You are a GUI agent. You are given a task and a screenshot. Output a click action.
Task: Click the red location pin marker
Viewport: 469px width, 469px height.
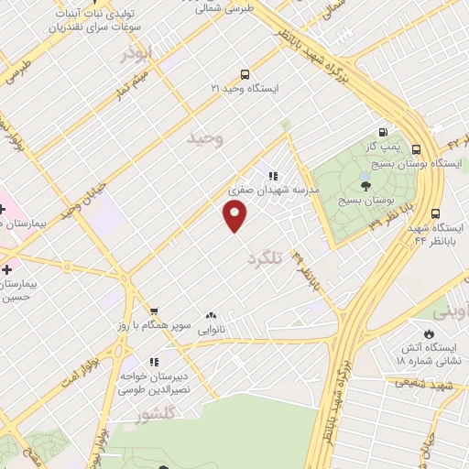pos(235,216)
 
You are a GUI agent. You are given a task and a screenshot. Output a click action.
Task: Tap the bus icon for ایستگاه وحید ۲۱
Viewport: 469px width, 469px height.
pos(244,74)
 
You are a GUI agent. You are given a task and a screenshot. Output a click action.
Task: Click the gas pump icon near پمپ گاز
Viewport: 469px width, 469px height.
pos(382,131)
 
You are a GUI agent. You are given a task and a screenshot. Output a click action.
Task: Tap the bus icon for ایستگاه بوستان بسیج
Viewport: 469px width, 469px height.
pos(417,149)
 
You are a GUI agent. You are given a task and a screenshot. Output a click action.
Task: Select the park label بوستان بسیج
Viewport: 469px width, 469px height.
pos(365,199)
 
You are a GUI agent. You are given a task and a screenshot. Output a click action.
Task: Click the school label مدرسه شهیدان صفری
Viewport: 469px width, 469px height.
pos(273,190)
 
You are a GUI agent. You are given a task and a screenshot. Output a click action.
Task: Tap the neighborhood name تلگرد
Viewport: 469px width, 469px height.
pos(267,259)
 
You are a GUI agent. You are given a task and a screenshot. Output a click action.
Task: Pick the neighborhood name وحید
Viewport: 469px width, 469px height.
pos(204,138)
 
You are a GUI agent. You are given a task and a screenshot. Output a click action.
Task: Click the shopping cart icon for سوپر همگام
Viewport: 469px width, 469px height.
pos(153,311)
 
